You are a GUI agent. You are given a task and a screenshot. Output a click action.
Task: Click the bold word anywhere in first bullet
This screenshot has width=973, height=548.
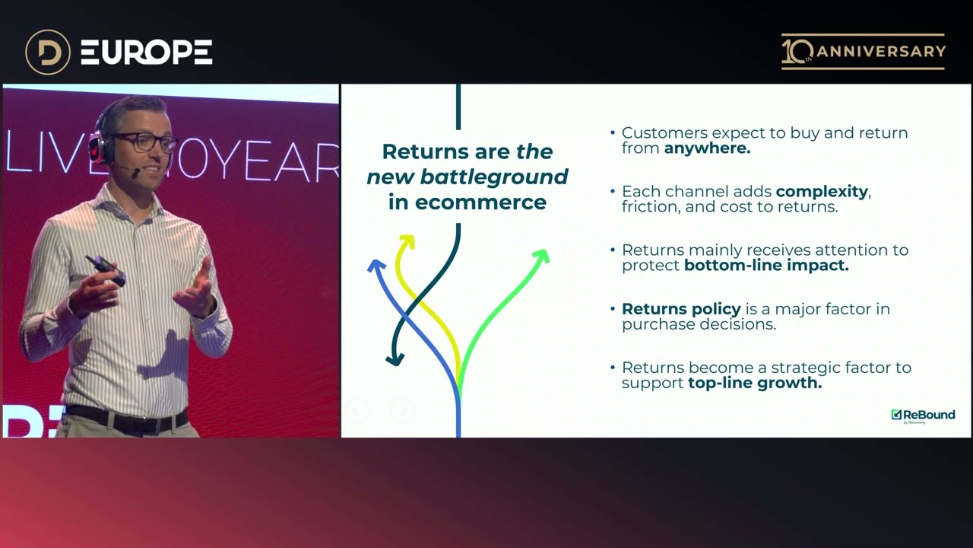pos(707,148)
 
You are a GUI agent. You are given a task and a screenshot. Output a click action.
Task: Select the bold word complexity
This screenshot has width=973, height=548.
pos(822,192)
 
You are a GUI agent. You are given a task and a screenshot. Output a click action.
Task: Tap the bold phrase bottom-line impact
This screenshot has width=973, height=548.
pos(766,266)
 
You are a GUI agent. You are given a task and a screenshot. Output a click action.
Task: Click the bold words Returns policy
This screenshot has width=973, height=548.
pos(681,309)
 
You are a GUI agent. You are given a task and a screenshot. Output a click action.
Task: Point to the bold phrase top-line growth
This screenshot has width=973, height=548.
pos(755,383)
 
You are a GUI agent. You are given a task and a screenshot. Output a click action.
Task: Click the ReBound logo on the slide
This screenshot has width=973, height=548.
pos(923,415)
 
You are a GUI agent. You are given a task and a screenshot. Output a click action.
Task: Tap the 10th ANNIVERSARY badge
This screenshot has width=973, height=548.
pos(864,52)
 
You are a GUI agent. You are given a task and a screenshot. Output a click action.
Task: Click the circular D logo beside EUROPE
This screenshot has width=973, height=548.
pos(47,52)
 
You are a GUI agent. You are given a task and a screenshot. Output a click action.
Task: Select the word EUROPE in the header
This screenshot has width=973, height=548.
pos(146,52)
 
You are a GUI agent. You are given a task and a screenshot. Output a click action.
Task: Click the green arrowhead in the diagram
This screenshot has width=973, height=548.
pos(541,256)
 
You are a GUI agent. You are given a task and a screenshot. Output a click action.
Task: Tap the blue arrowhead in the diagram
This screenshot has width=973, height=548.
pos(375,265)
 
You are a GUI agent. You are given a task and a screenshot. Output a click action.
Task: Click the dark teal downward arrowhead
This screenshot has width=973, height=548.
pos(394,358)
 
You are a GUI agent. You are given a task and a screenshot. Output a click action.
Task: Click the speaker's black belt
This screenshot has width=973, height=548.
pos(125,417)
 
